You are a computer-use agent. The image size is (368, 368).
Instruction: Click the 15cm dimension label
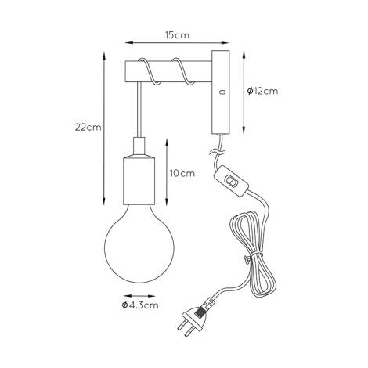177,35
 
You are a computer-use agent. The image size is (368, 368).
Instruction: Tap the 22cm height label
88,128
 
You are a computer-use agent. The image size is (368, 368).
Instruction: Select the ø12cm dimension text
262,91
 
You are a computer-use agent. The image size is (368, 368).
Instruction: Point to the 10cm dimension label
182,173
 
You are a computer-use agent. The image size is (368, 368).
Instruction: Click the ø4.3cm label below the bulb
140,305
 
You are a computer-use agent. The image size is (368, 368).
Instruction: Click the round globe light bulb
139,243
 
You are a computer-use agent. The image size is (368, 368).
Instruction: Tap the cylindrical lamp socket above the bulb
139,180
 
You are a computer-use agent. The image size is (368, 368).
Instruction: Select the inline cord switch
231,180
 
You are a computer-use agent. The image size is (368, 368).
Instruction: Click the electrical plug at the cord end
195,318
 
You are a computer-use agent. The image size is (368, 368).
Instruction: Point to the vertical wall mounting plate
221,92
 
